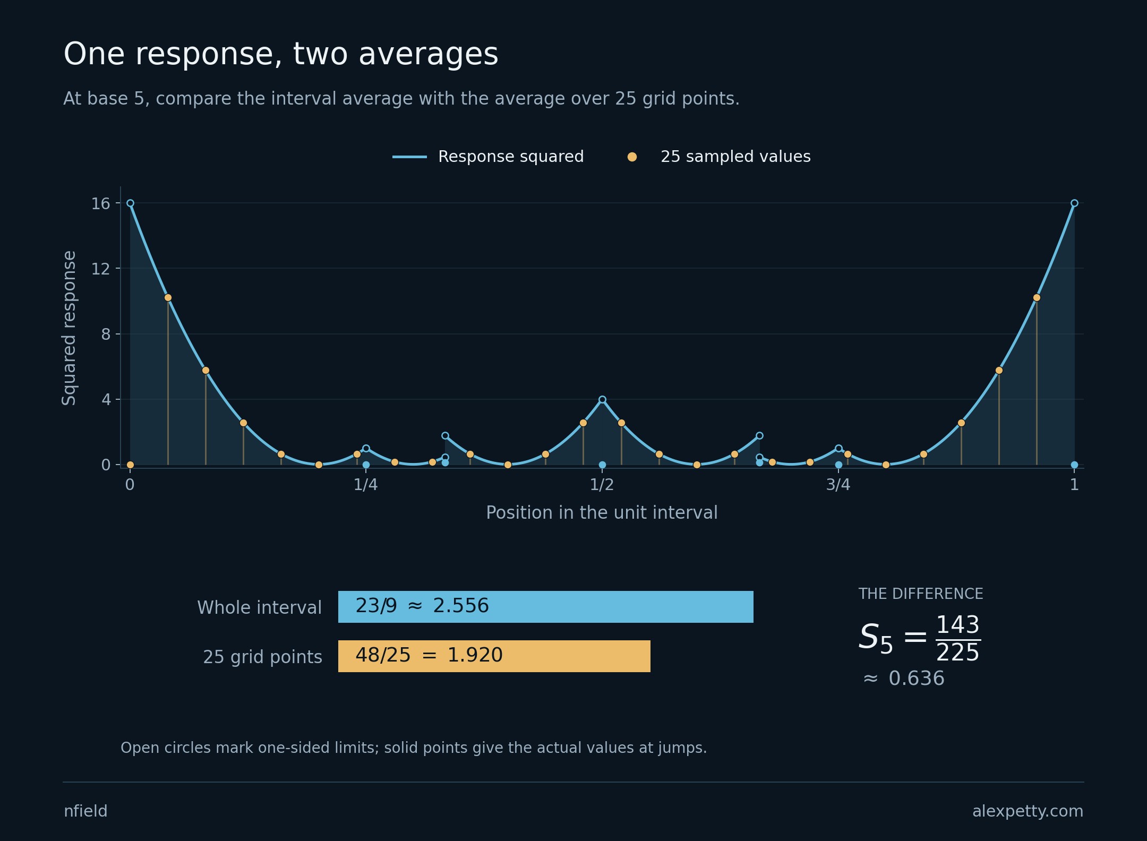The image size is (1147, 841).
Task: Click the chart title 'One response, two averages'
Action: click(x=281, y=55)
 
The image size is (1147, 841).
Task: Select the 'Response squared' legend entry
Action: click(x=488, y=157)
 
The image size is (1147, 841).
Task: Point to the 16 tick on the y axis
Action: click(x=100, y=203)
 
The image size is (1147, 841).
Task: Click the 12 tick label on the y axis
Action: click(x=100, y=269)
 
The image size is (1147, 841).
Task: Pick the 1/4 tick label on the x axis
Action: click(x=366, y=485)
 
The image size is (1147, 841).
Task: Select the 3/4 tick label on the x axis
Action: click(x=838, y=485)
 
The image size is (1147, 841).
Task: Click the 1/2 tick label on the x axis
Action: click(x=602, y=485)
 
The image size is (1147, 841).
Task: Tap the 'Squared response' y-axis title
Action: click(x=70, y=328)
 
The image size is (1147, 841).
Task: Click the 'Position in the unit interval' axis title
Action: click(x=602, y=513)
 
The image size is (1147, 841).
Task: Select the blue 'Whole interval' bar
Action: click(x=546, y=607)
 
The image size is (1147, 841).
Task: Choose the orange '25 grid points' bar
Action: click(x=494, y=656)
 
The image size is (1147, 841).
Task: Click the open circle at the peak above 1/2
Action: click(x=602, y=400)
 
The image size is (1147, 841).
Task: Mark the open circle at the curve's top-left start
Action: click(x=130, y=203)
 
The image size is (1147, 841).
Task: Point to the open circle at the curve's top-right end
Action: click(x=1074, y=203)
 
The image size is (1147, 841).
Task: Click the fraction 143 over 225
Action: click(x=958, y=639)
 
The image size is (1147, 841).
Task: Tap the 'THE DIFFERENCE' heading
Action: click(x=921, y=594)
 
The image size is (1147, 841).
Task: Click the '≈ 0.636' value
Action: click(x=904, y=679)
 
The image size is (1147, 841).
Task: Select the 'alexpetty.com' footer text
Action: click(x=1028, y=812)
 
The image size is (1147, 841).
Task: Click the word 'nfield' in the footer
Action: click(x=85, y=811)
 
